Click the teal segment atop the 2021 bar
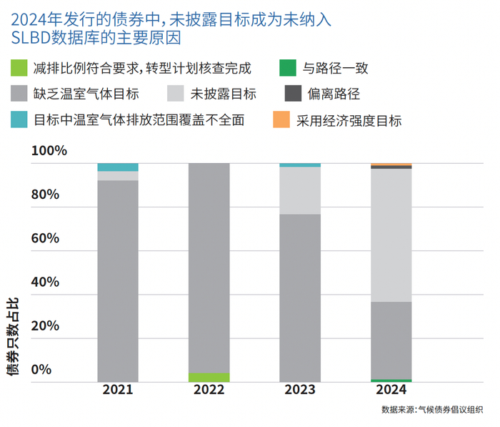pyautogui.click(x=118, y=167)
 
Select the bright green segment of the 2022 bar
pyautogui.click(x=209, y=377)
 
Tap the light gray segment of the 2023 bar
pyautogui.click(x=300, y=190)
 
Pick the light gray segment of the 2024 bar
pyautogui.click(x=391, y=235)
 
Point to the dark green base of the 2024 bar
pyautogui.click(x=391, y=381)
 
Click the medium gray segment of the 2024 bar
pyautogui.click(x=391, y=340)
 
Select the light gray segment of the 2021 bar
pyautogui.click(x=118, y=176)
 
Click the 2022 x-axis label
pyautogui.click(x=209, y=390)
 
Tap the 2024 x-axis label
pyautogui.click(x=391, y=390)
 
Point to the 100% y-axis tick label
pyautogui.click(x=49, y=150)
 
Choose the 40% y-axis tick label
pyautogui.click(x=45, y=282)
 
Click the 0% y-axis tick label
pyautogui.click(x=41, y=370)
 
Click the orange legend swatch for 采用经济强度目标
pyautogui.click(x=281, y=119)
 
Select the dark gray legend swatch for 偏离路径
pyautogui.click(x=293, y=93)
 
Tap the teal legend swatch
pyautogui.click(x=19, y=119)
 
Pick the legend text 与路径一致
pyautogui.click(x=336, y=68)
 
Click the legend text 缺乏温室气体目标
pyautogui.click(x=86, y=94)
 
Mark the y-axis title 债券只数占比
pyautogui.click(x=13, y=336)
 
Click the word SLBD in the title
pyautogui.click(x=31, y=38)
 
